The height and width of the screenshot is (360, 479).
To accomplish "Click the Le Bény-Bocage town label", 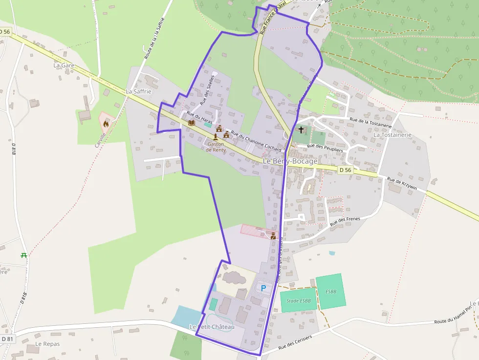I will point(290,161).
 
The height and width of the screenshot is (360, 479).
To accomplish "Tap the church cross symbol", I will point(301,130).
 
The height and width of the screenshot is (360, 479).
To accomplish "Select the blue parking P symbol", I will point(264,288).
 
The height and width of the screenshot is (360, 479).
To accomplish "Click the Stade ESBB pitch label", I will point(298,301).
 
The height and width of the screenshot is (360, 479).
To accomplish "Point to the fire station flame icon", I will point(106,124).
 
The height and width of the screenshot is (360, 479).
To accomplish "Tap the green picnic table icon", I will point(23,255).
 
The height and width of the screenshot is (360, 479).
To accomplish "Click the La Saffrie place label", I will point(139,91).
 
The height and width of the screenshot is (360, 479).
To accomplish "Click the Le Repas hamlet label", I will point(47,344).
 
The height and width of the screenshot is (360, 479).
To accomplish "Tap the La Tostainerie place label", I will point(392,135).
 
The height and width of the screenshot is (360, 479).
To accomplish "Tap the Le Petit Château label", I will point(212,326).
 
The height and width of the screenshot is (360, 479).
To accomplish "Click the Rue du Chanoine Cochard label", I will point(256,141).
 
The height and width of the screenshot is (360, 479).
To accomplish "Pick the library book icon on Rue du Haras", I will point(191,124).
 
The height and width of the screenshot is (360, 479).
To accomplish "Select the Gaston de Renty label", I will point(216,147).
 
